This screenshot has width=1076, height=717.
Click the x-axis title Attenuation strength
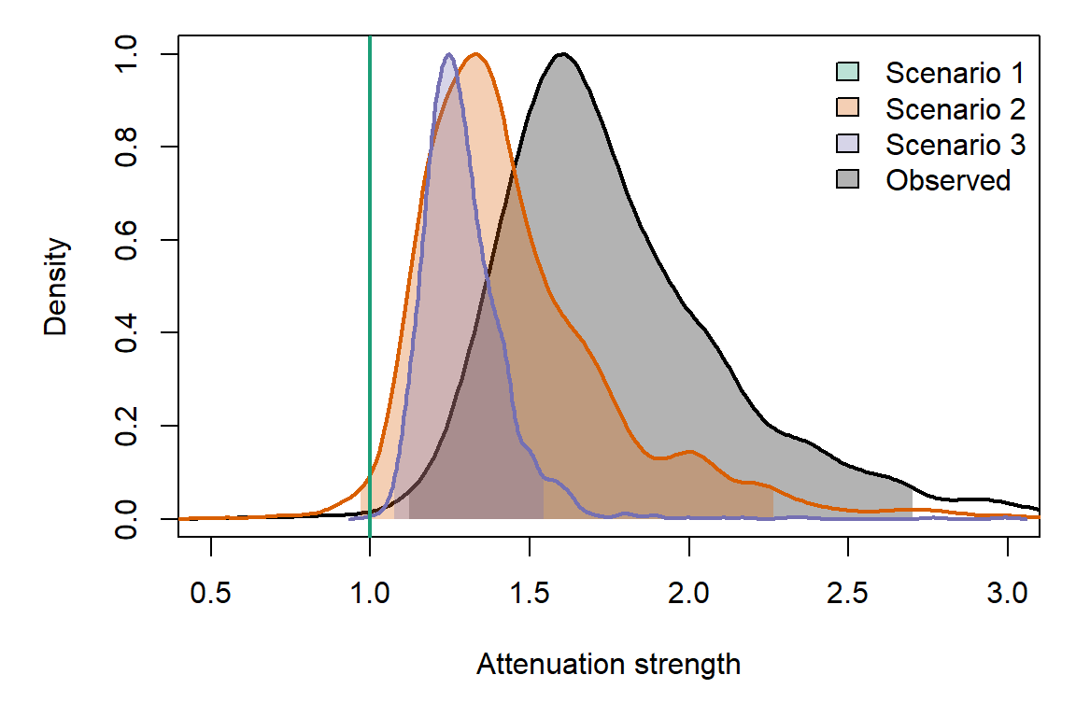tap(608, 665)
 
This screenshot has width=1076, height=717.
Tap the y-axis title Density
tap(57, 287)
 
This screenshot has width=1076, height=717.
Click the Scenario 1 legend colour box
tap(846, 73)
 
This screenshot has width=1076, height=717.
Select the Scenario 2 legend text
tap(955, 109)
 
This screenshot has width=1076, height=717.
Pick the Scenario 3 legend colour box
tap(846, 145)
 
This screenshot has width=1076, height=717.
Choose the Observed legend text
tap(948, 180)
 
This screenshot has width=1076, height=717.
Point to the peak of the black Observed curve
tap(562, 54)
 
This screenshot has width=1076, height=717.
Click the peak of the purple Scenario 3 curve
tap(449, 54)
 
